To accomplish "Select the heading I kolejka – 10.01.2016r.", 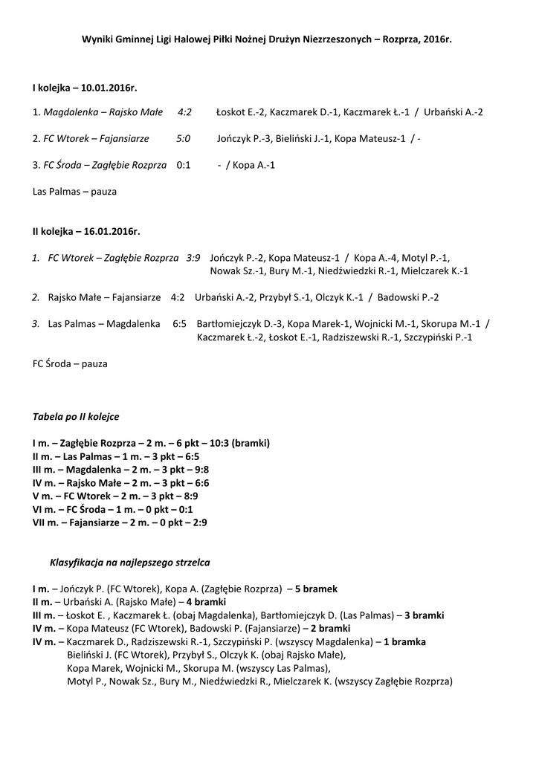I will [85, 88].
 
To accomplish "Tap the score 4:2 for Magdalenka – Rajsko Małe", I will [184, 112].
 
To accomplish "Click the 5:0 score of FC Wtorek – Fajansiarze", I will [184, 139].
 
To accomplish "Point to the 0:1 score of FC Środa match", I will [184, 165].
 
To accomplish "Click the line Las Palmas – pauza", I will [75, 191].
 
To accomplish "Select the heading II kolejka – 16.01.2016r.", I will [86, 232].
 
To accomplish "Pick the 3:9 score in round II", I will [193, 258].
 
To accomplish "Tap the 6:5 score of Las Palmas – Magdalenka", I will [179, 324].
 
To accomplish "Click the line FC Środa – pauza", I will [70, 364].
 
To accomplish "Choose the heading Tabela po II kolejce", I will [76, 417].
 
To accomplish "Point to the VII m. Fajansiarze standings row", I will [120, 522].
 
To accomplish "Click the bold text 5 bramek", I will [316, 589].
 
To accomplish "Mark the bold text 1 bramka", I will [404, 641].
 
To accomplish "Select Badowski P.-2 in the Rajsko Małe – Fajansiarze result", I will [409, 297].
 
